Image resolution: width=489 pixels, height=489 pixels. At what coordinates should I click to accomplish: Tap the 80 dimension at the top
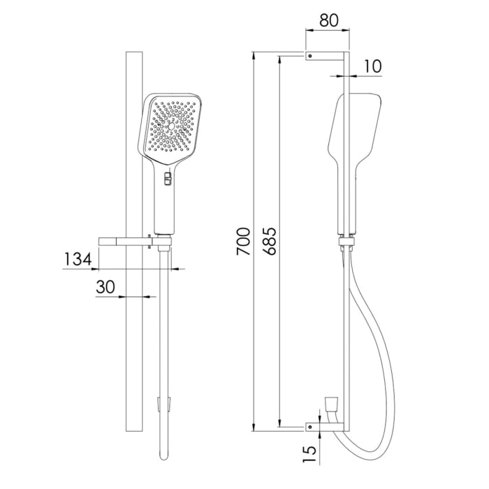[328, 20]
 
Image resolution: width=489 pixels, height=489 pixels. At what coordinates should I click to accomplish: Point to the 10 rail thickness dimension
[372, 66]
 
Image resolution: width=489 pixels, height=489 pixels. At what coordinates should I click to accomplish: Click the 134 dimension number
[78, 259]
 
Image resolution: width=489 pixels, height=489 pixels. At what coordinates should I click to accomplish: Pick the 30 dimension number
[105, 288]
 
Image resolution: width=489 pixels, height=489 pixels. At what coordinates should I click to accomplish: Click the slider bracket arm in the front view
[124, 242]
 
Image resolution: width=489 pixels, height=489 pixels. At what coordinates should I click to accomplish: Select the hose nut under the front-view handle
[163, 247]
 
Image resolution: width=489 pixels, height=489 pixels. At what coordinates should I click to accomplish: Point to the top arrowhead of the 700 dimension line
[256, 54]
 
